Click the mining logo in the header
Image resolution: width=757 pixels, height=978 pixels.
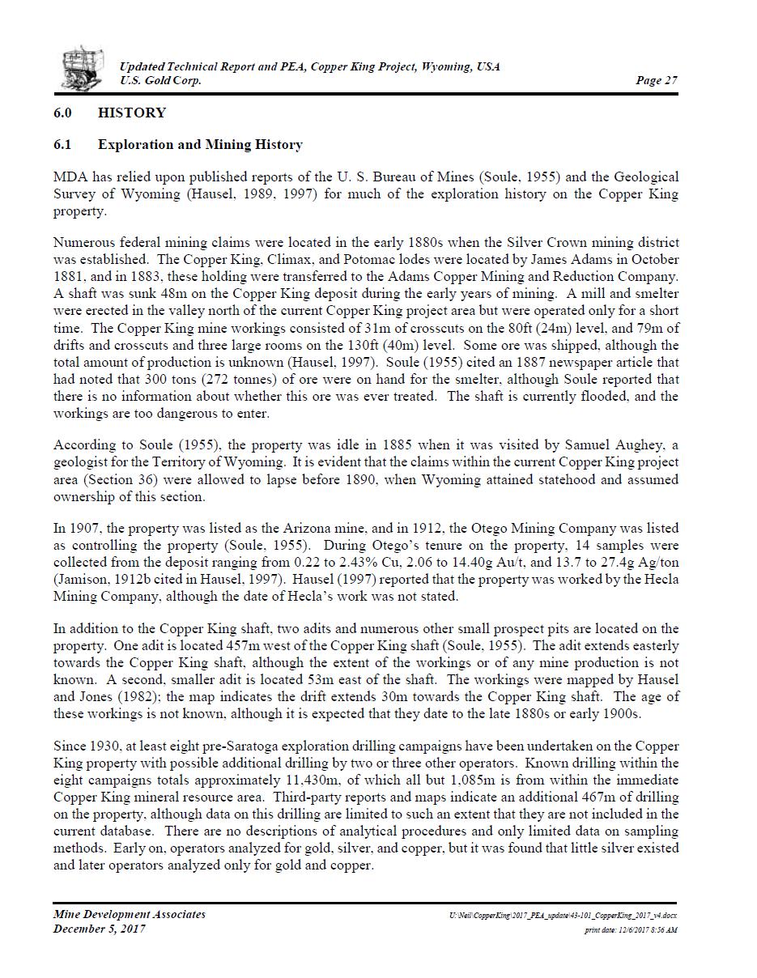coord(83,68)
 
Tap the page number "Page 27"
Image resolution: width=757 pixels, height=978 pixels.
coord(657,80)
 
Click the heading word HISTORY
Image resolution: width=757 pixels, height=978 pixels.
coord(132,113)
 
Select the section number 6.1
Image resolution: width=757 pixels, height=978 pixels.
coord(63,145)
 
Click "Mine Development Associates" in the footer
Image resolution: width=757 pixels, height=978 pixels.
coord(130,914)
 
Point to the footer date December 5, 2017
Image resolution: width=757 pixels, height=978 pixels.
coord(100,929)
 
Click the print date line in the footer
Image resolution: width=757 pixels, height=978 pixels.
coord(631,930)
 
